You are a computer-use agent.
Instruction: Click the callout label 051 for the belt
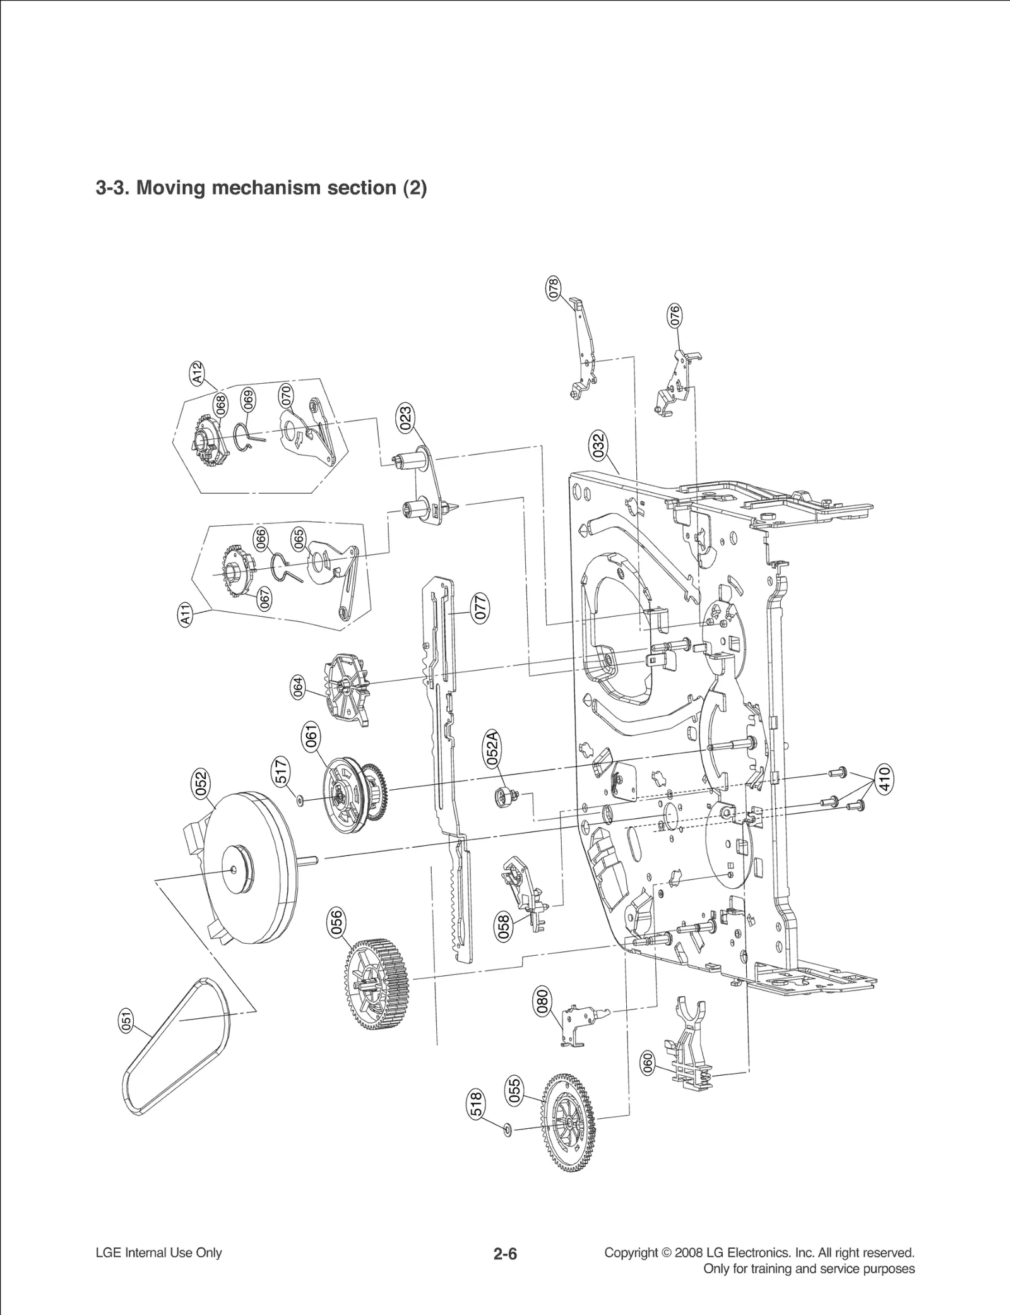tap(126, 1021)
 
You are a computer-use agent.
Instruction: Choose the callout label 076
tap(674, 316)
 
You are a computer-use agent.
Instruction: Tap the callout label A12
tap(198, 372)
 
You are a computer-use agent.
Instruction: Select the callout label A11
tap(186, 614)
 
